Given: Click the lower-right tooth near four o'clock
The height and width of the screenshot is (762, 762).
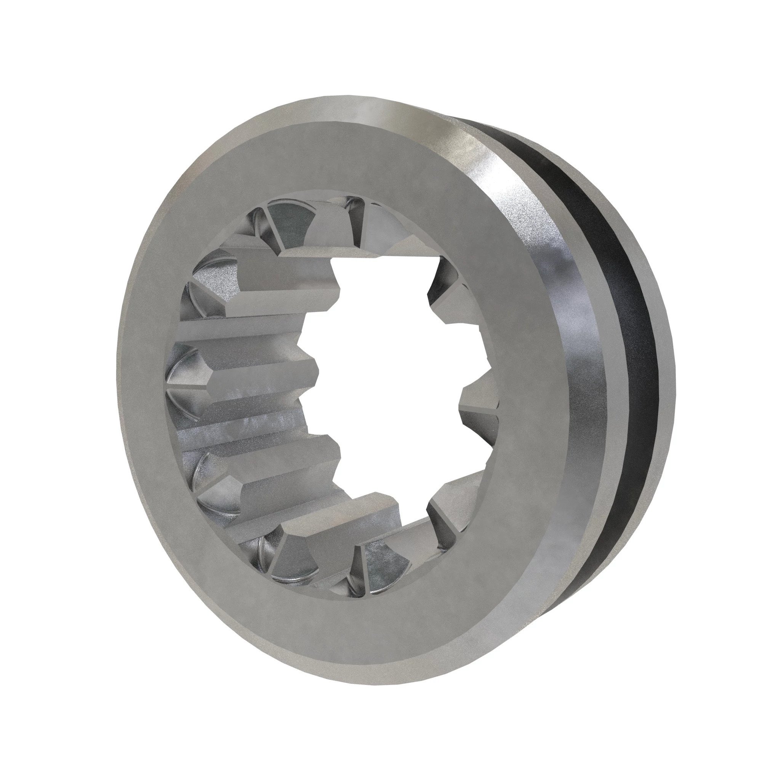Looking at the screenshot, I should pos(453,493).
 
